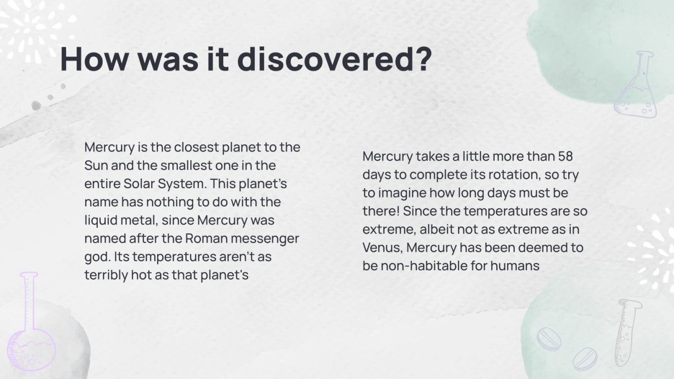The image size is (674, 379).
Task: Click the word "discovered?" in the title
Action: point(334,59)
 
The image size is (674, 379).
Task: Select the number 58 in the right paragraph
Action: point(565,157)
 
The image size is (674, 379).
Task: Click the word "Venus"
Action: point(383,248)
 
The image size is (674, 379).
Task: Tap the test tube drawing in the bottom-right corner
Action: point(626,332)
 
